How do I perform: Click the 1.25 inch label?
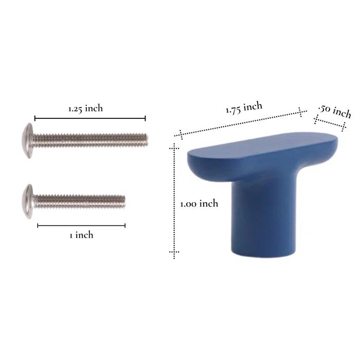point(85,109)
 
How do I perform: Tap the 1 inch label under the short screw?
point(81,235)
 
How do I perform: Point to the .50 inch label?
point(335,111)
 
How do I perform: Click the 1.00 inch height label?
point(199,204)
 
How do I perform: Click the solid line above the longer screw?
point(90,118)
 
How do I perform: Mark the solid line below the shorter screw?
point(81,225)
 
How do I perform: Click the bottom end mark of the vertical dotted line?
point(174,253)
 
